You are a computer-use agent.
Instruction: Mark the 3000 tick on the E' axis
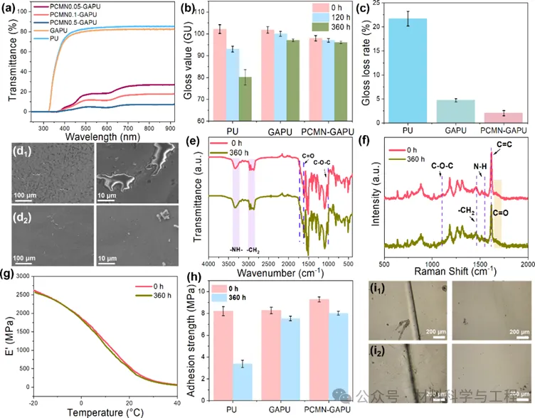pyautogui.click(x=22, y=277)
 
